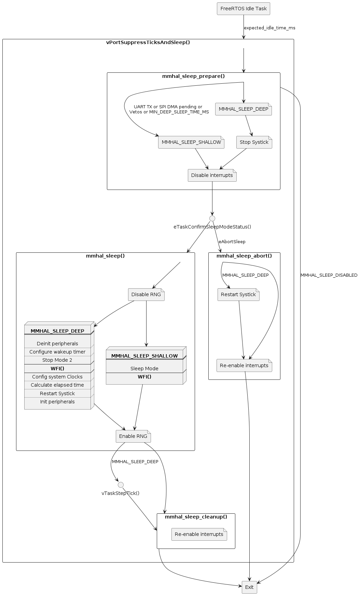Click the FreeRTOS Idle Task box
pyautogui.click(x=243, y=9)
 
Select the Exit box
pyautogui.click(x=249, y=587)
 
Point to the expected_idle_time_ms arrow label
pyautogui.click(x=269, y=28)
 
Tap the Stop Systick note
pyautogui.click(x=254, y=142)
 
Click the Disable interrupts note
pyautogui.click(x=212, y=176)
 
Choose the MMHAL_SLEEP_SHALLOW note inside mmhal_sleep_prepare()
pyautogui.click(x=191, y=142)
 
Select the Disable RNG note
pyautogui.click(x=146, y=295)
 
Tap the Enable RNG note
pyautogui.click(x=133, y=437)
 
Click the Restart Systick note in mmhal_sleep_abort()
pyautogui.click(x=238, y=295)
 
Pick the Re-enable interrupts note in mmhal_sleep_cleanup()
pyautogui.click(x=199, y=535)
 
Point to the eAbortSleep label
pyautogui.click(x=232, y=242)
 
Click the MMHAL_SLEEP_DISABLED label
pyautogui.click(x=329, y=275)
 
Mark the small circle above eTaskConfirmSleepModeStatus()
pyautogui.click(x=212, y=219)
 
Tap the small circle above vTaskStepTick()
pyautogui.click(x=121, y=485)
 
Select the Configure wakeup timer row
pyautogui.click(x=57, y=352)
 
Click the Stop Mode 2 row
pyautogui.click(x=57, y=360)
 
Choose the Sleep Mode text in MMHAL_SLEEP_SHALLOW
pyautogui.click(x=144, y=369)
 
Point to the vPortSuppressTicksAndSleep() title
pyautogui.click(x=148, y=43)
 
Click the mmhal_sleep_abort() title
pyautogui.click(x=244, y=256)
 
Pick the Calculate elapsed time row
pyautogui.click(x=57, y=385)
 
